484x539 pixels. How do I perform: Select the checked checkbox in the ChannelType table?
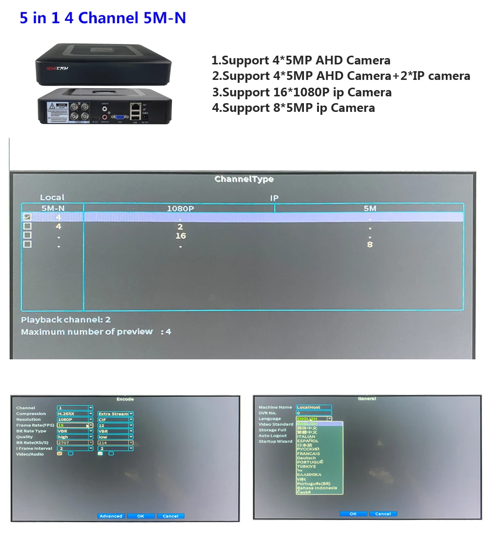28,217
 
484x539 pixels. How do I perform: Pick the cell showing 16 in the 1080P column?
180,236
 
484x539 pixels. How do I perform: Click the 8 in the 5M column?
370,245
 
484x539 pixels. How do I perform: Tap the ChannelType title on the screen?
244,179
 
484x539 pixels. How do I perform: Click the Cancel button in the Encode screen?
170,516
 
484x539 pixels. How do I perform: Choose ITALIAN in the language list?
306,436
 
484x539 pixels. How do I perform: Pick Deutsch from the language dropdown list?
306,458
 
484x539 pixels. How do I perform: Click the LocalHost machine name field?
314,407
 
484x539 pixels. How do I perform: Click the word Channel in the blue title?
108,18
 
